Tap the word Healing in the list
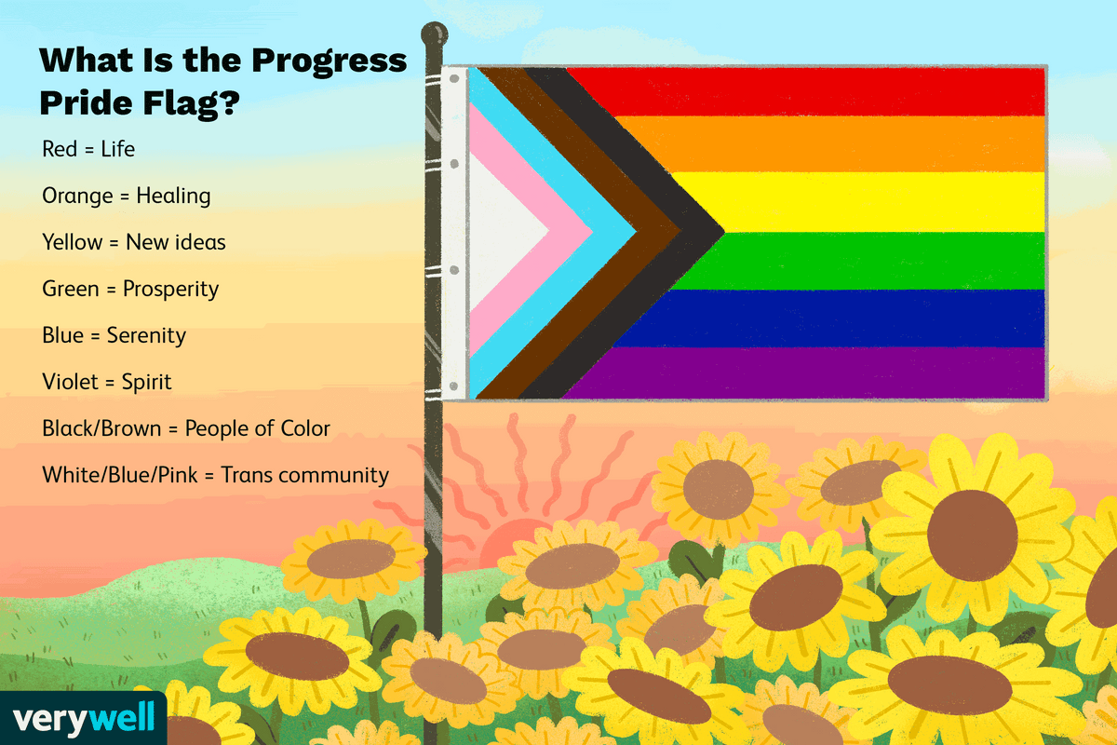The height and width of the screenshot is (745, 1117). coord(173,196)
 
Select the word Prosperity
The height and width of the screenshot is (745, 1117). coord(170,289)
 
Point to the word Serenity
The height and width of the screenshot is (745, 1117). coord(147,335)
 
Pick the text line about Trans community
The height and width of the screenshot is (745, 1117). coord(215,475)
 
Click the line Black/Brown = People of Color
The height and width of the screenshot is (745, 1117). coord(186,428)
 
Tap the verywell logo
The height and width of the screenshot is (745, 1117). coord(82,720)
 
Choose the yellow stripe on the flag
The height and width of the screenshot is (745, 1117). coord(866,202)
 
